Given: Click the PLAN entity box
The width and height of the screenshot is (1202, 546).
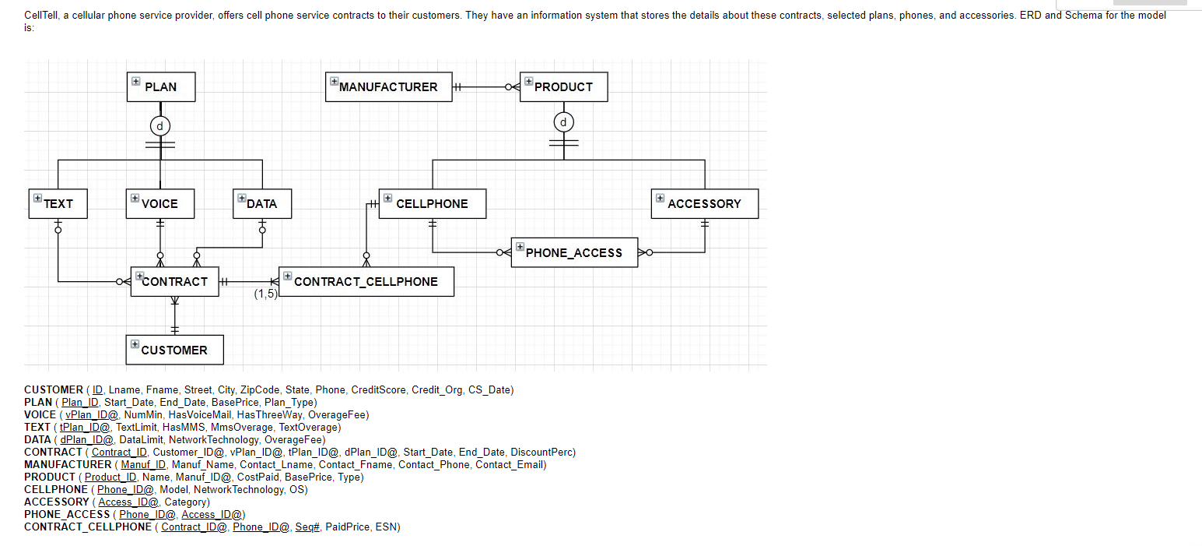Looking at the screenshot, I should (x=161, y=86).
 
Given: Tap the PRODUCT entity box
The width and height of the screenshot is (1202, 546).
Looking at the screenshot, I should (x=563, y=86).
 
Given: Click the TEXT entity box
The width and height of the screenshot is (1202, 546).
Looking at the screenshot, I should (x=58, y=203).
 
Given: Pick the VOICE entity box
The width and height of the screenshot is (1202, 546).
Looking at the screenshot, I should (x=159, y=203).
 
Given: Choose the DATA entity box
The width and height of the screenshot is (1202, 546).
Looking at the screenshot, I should (x=261, y=203).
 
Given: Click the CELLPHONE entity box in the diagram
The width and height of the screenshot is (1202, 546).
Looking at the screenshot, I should (x=432, y=203).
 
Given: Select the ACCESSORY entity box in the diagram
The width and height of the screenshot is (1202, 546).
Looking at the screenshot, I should (x=704, y=203).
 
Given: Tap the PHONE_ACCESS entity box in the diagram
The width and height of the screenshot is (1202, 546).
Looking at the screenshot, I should (x=574, y=252).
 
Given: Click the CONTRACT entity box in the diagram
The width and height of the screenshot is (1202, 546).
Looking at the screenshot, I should (x=174, y=281).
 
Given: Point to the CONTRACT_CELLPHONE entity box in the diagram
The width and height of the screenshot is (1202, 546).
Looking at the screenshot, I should (x=366, y=281).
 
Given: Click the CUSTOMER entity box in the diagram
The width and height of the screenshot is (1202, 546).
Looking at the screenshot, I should (x=174, y=350).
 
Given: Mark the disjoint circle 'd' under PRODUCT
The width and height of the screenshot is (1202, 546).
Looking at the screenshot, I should (x=564, y=122).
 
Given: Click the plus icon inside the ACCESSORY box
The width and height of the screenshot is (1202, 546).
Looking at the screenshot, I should (x=661, y=198).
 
